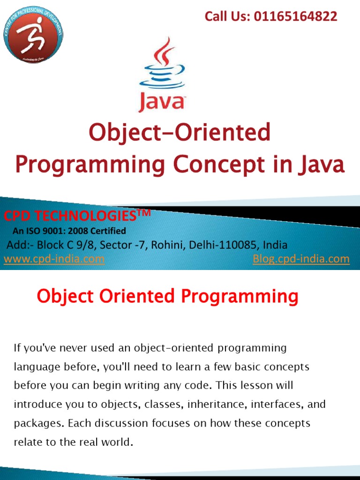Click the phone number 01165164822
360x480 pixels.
click(x=296, y=17)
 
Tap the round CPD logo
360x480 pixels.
click(x=33, y=35)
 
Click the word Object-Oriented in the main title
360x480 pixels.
click(x=180, y=133)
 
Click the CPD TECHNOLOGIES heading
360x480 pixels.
click(x=71, y=216)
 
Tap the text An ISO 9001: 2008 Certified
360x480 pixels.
click(x=69, y=231)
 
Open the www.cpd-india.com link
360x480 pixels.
click(x=54, y=259)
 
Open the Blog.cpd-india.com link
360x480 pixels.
click(x=301, y=259)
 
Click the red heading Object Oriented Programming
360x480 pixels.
click(x=167, y=296)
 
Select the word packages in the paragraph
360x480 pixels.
click(x=38, y=423)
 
